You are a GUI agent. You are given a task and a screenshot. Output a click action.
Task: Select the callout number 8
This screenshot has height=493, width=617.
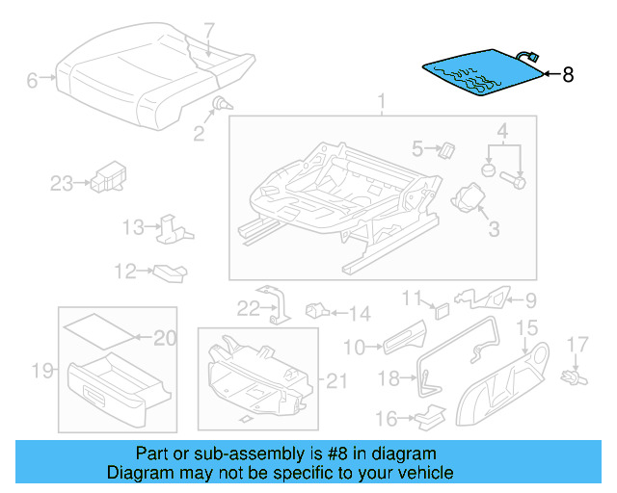click(x=568, y=74)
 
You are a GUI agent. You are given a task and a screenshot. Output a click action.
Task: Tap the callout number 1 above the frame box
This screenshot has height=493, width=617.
click(x=381, y=101)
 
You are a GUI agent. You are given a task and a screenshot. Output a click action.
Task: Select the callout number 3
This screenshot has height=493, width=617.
click(x=493, y=228)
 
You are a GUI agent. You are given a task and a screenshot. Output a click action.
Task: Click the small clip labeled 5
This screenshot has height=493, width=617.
click(x=446, y=149)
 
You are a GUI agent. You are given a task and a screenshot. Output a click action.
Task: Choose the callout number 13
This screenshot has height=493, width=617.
click(x=132, y=227)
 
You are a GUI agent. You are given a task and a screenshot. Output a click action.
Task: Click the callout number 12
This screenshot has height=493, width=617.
click(x=125, y=272)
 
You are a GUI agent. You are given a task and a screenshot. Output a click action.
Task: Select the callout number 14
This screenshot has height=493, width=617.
click(x=359, y=313)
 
